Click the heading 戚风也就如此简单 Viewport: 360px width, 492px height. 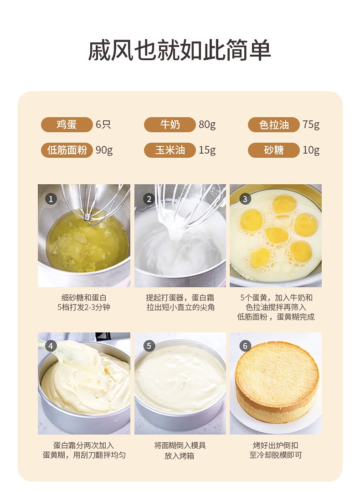click(180, 50)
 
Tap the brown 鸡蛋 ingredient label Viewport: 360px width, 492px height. click(67, 124)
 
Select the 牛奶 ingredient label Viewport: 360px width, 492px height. click(170, 124)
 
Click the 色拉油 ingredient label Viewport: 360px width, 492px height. click(274, 124)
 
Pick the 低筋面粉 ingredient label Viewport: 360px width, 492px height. click(67, 150)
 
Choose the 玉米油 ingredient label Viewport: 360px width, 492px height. click(170, 150)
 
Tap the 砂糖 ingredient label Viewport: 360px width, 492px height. click(274, 150)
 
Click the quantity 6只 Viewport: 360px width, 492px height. click(103, 124)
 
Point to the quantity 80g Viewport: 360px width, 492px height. click(207, 125)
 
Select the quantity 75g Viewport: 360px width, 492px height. click(311, 125)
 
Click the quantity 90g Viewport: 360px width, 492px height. click(104, 150)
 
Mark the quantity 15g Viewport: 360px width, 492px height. click(207, 150)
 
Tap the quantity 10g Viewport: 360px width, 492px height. click(311, 150)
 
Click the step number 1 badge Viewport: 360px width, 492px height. click(51, 199)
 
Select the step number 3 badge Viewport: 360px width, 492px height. click(245, 199)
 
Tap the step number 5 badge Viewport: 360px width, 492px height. click(149, 346)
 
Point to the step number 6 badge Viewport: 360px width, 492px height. click(245, 346)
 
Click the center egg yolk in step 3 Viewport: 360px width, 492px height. click(277, 235)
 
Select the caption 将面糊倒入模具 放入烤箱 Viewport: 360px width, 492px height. click(180, 450)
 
